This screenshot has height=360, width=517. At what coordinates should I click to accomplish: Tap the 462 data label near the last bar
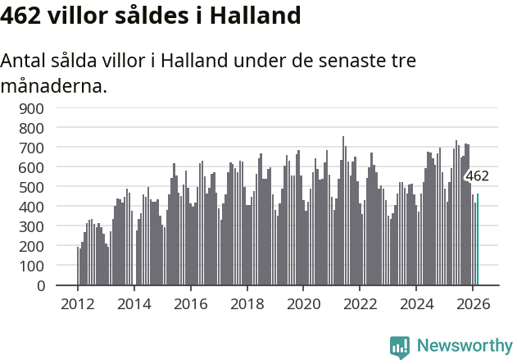[x=477, y=176]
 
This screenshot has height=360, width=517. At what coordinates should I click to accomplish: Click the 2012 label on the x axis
[x=78, y=303]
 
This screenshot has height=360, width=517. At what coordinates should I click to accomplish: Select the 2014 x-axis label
[x=134, y=303]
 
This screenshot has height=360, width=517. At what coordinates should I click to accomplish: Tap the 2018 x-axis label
[x=247, y=303]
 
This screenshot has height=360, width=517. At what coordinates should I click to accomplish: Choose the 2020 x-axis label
[x=303, y=303]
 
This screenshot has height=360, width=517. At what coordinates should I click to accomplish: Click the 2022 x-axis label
[x=360, y=303]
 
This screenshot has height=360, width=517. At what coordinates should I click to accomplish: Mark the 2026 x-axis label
[x=473, y=303]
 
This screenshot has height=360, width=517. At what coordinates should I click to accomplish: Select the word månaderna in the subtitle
[x=54, y=85]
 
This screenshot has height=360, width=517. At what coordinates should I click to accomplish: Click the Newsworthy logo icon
[x=400, y=347]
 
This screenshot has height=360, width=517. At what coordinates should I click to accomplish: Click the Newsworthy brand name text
[x=464, y=346]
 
